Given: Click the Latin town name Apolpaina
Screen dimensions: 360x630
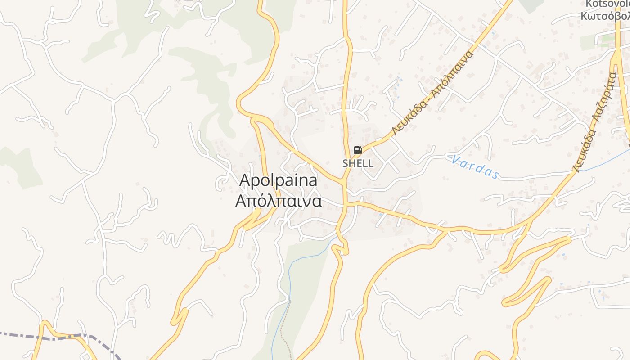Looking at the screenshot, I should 278,180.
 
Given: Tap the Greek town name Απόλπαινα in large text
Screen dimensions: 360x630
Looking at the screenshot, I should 278,201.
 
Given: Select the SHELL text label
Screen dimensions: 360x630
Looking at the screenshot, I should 358,163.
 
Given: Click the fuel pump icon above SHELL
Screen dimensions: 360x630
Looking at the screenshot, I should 358,150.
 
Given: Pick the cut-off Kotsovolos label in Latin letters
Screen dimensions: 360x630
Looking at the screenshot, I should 607,4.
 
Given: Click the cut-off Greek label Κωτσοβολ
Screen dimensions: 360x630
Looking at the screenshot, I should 605,16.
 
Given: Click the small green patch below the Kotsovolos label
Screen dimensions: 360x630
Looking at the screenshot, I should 588,42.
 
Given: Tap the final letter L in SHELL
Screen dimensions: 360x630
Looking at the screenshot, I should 370,163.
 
